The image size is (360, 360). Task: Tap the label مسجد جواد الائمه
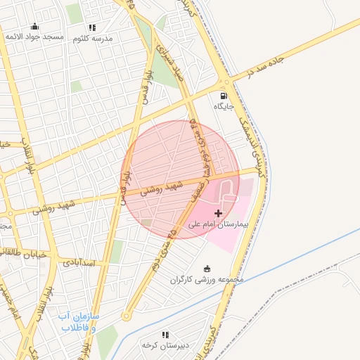[34, 36]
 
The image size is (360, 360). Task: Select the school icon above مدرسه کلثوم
[93, 27]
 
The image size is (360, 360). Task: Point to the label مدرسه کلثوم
[93, 37]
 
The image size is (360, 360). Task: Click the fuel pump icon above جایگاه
[224, 96]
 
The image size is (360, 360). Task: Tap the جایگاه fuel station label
[224, 106]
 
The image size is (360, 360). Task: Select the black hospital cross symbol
[218, 212]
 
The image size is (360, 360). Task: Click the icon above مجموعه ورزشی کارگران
[207, 268]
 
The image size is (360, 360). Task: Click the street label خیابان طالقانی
[24, 255]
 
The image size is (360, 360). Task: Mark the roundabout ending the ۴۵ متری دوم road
[126, 316]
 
